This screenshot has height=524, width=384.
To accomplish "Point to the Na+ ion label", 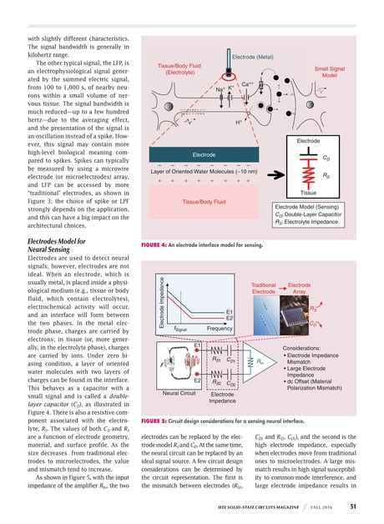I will click(220, 89).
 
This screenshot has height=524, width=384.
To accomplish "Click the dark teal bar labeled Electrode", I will click(205, 154).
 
